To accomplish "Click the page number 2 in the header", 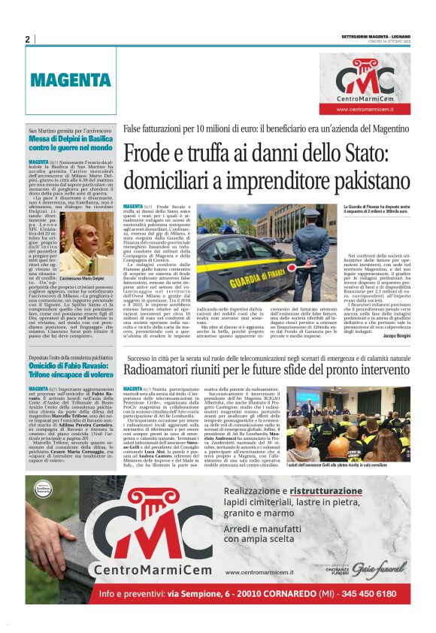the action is click(27, 39).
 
